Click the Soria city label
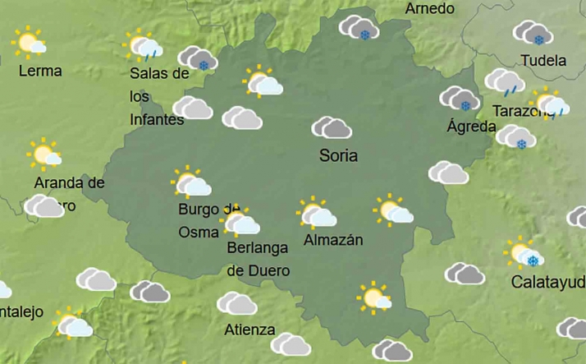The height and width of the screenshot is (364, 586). coord(338,155)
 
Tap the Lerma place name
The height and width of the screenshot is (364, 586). coord(39,71)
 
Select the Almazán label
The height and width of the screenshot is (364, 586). coord(333,240)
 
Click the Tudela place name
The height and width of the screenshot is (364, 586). coord(543,61)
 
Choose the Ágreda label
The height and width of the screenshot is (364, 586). coord(471,127)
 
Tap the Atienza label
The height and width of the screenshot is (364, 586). coord(250,329)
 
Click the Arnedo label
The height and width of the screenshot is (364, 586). coord(430,9)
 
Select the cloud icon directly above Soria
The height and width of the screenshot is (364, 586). coord(332,127)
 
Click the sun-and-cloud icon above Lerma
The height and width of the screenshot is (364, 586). coord(30,41)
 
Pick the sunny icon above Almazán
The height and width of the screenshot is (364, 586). coord(316,212)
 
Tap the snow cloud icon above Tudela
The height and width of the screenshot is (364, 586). coord(533,34)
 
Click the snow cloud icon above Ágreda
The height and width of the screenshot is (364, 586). coord(459,99)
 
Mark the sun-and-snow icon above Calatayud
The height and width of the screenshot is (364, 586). coord(523,253)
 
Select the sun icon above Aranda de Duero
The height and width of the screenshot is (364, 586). coord(44,154)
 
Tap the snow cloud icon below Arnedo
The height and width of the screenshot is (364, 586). coord(359,28)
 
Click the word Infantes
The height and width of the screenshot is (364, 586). coord(157,119)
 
